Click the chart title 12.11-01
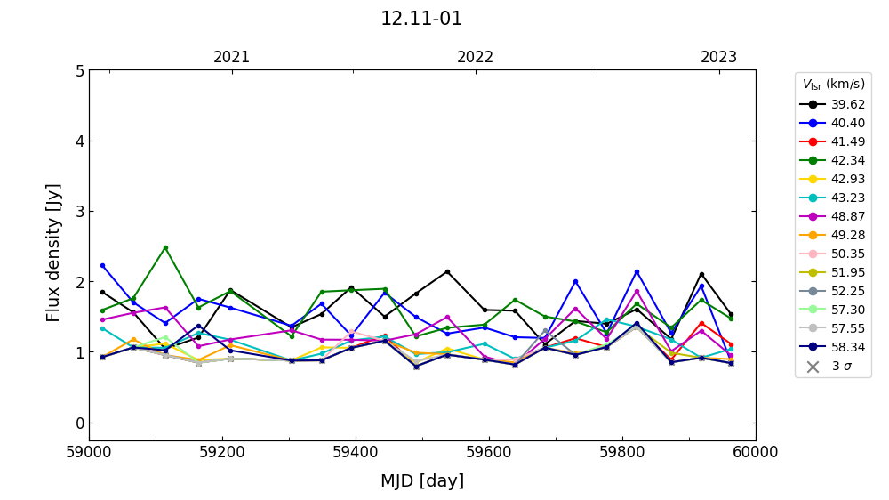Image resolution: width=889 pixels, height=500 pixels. pos(421,19)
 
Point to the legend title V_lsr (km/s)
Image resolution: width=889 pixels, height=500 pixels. pos(833,85)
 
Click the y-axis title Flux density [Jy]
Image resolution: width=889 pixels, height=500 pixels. pos(54,253)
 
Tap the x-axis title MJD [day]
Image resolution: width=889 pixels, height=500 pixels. pos(421,481)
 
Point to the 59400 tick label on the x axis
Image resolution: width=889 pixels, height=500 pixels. pos(356,452)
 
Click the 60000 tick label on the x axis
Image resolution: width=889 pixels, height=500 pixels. pos(755,452)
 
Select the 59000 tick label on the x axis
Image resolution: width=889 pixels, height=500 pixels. pos(89,452)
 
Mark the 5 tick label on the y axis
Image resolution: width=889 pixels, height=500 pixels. pos(78,70)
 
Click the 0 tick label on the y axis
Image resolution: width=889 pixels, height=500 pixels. pos(78,423)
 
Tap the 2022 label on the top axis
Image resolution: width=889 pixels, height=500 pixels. pos(475,58)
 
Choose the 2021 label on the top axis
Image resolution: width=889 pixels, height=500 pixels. pos(231,58)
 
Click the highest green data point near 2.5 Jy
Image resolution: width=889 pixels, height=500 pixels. pos(165,247)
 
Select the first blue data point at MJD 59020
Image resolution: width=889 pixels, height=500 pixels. pos(102,265)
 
